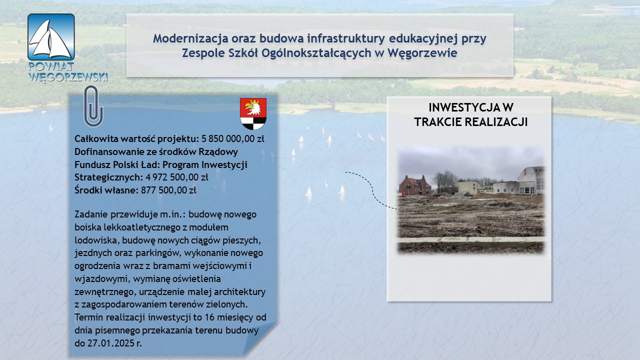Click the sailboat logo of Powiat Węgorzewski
(x=51, y=37)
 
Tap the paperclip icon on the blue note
(x=93, y=106)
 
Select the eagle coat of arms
(x=253, y=113)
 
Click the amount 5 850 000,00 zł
(x=233, y=139)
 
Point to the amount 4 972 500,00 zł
(x=177, y=177)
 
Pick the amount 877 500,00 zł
(x=168, y=190)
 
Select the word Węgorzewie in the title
(x=422, y=53)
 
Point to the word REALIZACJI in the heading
(x=496, y=122)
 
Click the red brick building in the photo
(x=415, y=185)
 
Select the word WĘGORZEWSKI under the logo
(x=68, y=77)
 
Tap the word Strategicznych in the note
(x=108, y=177)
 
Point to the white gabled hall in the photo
(x=531, y=180)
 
